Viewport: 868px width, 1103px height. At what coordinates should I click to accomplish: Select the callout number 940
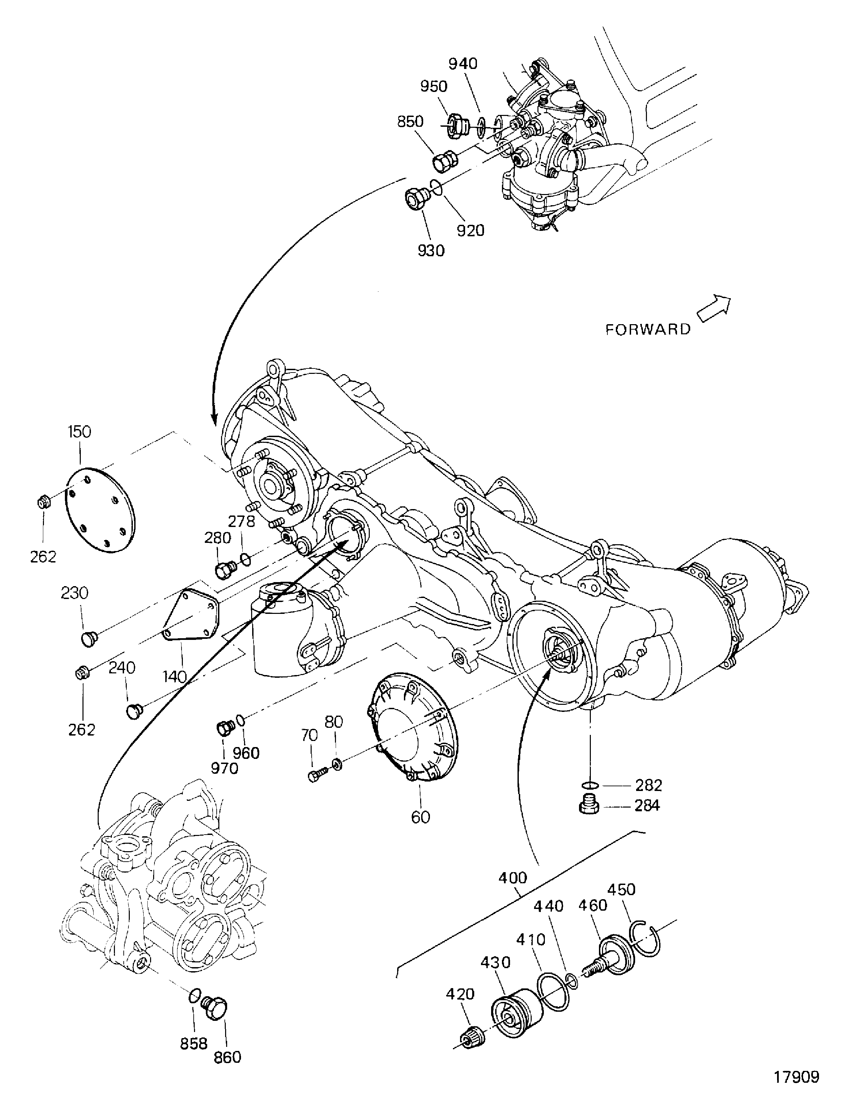(462, 64)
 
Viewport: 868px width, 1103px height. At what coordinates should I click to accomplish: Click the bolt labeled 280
(224, 570)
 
